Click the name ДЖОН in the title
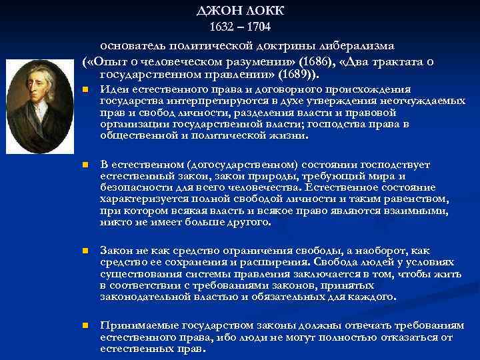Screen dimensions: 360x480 219,11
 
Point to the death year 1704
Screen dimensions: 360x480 258,27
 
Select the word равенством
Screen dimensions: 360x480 420,199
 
